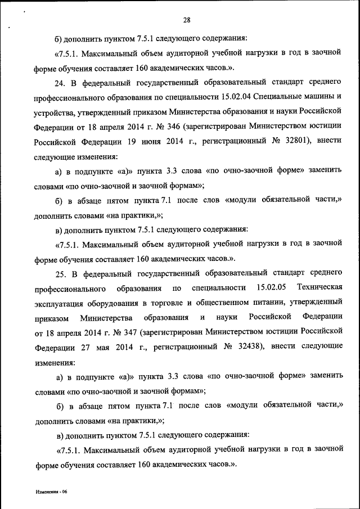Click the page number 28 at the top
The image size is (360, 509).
pyautogui.click(x=187, y=21)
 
